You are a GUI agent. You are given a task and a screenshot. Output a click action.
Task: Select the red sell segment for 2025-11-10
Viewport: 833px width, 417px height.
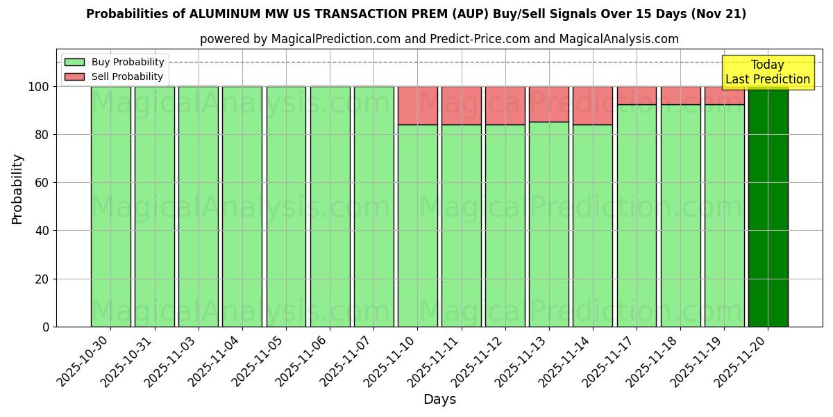418,106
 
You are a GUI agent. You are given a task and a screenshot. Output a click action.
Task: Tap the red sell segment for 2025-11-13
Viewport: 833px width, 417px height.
549,104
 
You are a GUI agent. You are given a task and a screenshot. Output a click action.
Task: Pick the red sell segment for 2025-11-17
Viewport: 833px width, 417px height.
637,95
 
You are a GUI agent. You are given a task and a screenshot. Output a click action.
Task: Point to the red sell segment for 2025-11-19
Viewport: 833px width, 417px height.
724,95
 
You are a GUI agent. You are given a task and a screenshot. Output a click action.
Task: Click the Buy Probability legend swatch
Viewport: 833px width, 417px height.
74,63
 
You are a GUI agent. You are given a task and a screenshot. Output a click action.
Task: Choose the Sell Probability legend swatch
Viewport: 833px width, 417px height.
74,77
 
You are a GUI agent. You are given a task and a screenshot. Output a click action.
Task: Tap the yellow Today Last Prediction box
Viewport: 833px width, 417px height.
767,72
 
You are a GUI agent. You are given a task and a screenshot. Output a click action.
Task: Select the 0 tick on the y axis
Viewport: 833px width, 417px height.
46,327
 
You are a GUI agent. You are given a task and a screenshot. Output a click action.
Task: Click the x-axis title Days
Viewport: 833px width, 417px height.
439,400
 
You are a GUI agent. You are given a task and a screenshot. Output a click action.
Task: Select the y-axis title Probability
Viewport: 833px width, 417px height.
17,188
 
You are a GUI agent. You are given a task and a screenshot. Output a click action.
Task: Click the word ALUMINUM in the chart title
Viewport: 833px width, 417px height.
228,14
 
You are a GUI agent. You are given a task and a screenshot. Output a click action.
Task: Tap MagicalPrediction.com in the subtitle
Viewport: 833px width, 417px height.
335,39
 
